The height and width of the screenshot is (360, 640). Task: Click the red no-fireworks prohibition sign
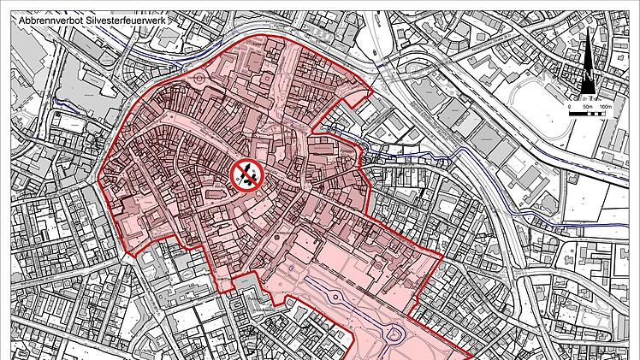pyautogui.click(x=246, y=174)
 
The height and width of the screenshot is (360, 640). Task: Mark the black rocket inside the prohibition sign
pyautogui.click(x=246, y=174)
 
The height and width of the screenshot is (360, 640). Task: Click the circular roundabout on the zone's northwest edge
pyautogui.click(x=199, y=83)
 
